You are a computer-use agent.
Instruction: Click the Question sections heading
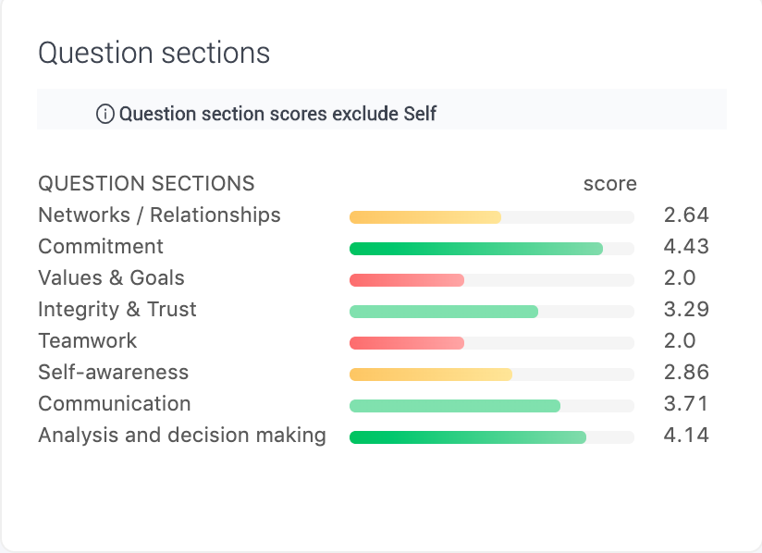point(154,53)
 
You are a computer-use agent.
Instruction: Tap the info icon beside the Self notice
point(105,114)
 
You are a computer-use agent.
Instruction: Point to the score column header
point(610,184)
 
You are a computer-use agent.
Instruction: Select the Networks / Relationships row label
point(159,215)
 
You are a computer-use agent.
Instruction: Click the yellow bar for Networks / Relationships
point(425,217)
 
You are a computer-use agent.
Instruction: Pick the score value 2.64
point(686,215)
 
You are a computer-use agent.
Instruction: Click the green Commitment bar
point(476,249)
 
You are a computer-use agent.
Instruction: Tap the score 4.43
point(686,247)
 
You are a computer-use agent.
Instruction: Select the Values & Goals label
point(111,278)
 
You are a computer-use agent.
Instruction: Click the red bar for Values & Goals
point(407,280)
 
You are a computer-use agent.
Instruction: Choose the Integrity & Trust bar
point(444,312)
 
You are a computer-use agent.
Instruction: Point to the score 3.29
point(686,310)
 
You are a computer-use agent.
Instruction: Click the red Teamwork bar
point(407,343)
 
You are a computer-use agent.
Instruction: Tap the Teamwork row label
point(88,340)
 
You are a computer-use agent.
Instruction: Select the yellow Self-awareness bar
point(431,375)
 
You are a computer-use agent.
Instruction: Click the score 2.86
point(686,373)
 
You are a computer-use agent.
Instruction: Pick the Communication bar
point(455,406)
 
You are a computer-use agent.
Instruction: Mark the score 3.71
point(685,404)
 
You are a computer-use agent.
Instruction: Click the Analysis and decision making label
point(182,435)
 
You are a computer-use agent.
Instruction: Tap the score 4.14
point(686,435)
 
